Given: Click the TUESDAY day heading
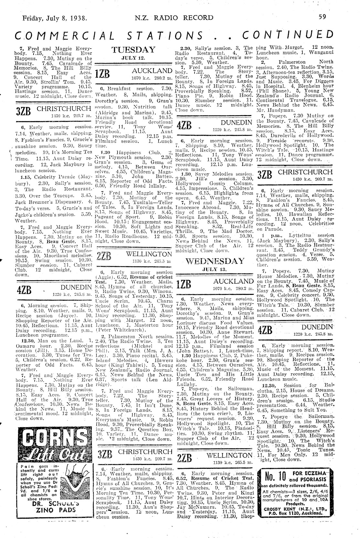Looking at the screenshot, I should tap(133, 50).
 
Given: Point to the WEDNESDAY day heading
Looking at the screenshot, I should tap(215, 261).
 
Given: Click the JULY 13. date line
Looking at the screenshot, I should tap(215, 269).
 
